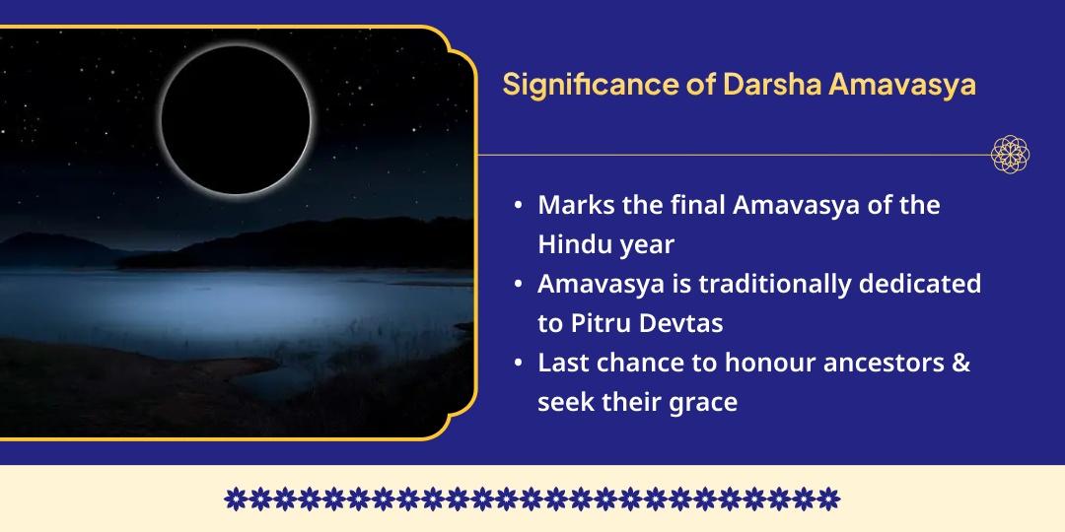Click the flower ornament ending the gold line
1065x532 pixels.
click(1011, 155)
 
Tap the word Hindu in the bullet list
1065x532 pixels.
click(571, 244)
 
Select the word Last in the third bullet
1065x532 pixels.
click(560, 363)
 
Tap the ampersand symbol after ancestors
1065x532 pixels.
click(961, 363)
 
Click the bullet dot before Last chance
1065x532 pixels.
click(519, 364)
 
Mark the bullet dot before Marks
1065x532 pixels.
click(519, 207)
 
